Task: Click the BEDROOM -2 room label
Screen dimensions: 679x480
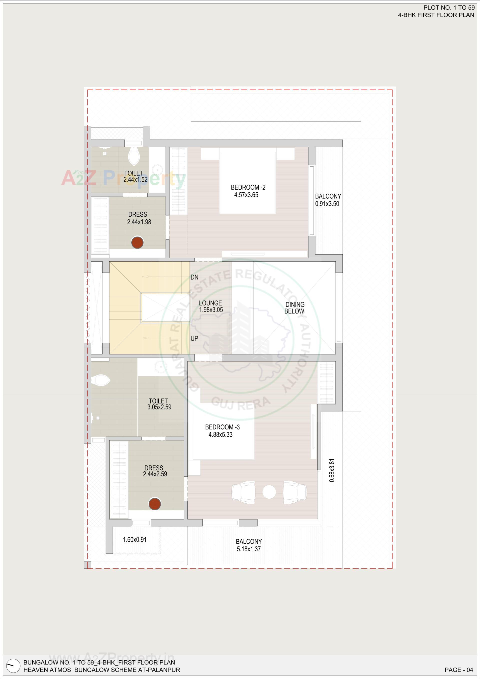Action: click(248, 187)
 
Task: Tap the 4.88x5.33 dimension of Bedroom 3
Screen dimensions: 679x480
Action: click(220, 434)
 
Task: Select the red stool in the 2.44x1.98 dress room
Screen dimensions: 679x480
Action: click(137, 242)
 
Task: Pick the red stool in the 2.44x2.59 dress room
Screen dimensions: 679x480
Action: click(154, 504)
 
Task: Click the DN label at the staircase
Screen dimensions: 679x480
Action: click(194, 277)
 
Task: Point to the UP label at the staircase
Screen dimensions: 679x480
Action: click(194, 338)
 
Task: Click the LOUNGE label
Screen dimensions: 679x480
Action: click(210, 303)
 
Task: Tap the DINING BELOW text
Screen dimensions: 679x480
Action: click(294, 308)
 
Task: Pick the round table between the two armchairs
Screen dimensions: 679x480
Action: click(269, 492)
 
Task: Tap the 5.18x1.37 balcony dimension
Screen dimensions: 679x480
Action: click(248, 549)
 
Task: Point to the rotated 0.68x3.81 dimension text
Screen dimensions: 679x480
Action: click(332, 470)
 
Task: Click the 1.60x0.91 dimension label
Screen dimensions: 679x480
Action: click(135, 539)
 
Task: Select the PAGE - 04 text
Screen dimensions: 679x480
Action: click(459, 670)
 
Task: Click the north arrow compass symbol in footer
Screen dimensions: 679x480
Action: click(13, 666)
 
